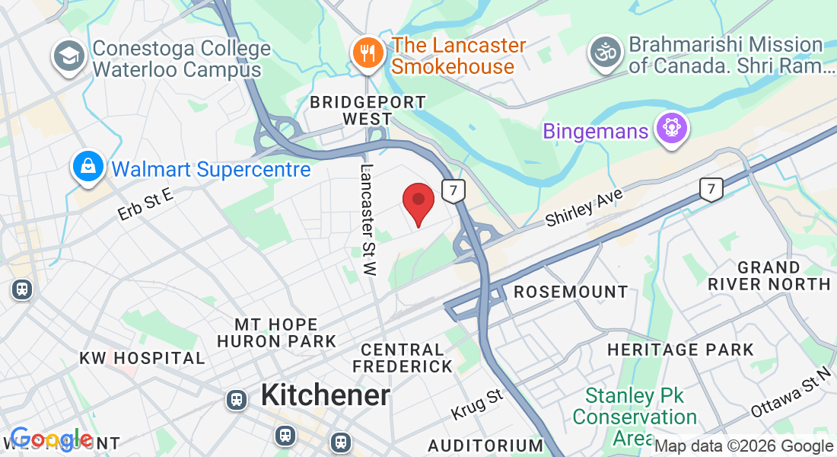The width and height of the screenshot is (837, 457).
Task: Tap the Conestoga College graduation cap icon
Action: (x=69, y=56)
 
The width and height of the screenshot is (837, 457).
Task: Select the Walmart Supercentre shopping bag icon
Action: (x=88, y=166)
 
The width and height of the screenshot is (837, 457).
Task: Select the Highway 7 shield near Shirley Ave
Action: (x=711, y=189)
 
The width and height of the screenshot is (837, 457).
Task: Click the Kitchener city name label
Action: (x=325, y=395)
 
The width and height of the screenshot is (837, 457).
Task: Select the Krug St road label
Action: (x=477, y=404)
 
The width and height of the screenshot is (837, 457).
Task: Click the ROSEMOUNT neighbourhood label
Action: (x=571, y=292)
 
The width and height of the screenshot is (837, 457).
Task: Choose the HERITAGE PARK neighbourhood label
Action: (x=680, y=350)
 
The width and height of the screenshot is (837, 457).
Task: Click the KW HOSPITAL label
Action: (x=142, y=358)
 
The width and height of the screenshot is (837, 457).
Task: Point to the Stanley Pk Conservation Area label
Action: (x=635, y=417)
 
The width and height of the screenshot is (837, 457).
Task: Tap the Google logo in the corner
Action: (x=50, y=439)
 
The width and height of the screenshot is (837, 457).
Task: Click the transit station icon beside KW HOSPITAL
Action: (x=21, y=289)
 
